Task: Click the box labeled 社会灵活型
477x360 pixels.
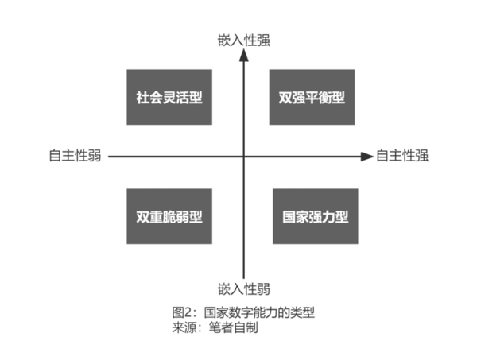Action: click(169, 97)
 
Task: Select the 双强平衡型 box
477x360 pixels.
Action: click(312, 97)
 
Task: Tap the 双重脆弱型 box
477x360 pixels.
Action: click(169, 216)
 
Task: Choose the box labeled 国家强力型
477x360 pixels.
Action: click(316, 216)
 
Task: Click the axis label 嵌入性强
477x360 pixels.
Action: click(244, 41)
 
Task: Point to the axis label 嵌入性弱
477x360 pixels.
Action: click(244, 288)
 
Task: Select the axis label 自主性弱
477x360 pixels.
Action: click(76, 156)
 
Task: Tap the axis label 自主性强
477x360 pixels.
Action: click(402, 156)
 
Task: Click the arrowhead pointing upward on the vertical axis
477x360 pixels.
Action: click(244, 55)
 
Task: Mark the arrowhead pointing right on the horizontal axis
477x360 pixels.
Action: click(366, 157)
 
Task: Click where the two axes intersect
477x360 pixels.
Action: click(244, 157)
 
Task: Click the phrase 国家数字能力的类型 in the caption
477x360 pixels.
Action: click(259, 312)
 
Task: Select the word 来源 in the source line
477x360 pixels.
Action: click(184, 327)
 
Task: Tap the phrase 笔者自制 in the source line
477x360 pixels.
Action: click(234, 327)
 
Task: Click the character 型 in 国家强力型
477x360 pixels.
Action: click(342, 216)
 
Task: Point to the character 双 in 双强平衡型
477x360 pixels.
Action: click(285, 97)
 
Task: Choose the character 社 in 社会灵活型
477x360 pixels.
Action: click(142, 97)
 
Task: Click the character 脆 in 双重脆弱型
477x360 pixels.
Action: click(169, 216)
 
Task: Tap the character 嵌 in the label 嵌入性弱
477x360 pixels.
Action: click(224, 288)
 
